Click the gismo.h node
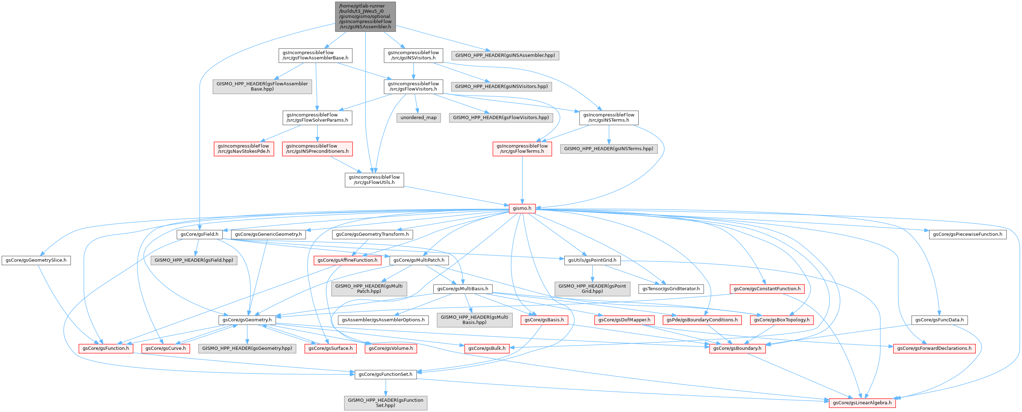pos(522,208)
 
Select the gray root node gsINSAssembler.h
pos(365,16)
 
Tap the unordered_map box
pos(418,118)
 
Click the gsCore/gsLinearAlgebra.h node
pos(862,402)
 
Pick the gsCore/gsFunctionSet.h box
pos(385,374)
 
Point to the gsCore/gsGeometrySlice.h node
pos(36,260)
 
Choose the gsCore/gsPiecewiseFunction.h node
pos(967,234)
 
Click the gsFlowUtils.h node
pos(374,180)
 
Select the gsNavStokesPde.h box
pos(244,149)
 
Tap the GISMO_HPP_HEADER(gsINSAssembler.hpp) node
pos(505,55)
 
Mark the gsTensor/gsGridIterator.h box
pos(671,289)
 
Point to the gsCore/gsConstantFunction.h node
pos(767,289)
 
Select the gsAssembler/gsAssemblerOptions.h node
pos(383,320)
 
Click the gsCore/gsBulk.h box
pos(487,348)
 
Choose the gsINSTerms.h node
pos(609,118)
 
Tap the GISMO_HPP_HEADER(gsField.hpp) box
pos(194,260)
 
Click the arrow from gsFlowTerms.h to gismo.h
pos(522,179)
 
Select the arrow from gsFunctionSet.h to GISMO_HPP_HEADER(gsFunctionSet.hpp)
pos(385,387)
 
